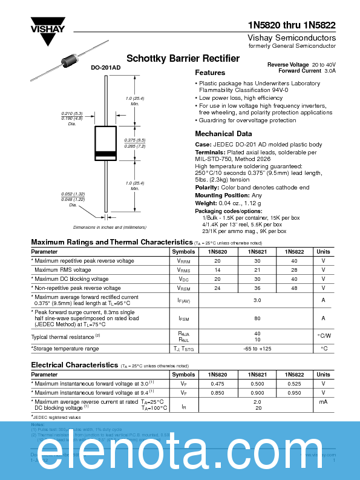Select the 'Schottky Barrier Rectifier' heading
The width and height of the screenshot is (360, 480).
point(183,59)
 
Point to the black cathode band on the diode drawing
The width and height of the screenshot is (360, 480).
point(106,153)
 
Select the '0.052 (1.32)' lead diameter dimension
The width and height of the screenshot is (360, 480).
point(72,194)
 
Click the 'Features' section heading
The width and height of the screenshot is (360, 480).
point(210,73)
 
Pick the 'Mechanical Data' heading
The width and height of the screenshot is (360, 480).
point(223,134)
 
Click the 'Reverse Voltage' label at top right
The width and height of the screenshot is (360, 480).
point(288,64)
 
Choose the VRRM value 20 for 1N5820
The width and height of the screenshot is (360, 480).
point(217,261)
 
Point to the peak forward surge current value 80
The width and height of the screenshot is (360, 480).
point(257,318)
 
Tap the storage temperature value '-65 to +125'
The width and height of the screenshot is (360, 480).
point(257,349)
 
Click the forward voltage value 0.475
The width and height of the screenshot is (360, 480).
point(217,384)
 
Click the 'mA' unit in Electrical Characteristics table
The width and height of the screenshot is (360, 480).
point(324,401)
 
